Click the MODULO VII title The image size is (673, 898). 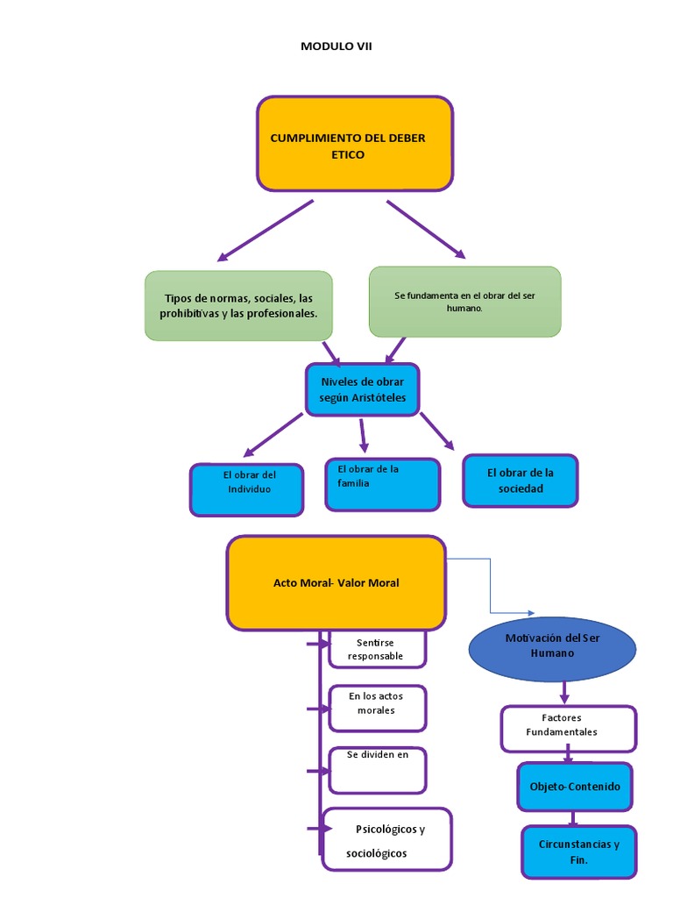(x=336, y=47)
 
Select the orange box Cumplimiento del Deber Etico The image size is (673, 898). (x=354, y=144)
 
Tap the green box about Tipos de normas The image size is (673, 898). (x=238, y=306)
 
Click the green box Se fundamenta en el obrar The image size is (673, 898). (x=464, y=302)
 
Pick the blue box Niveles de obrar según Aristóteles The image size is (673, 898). (x=362, y=389)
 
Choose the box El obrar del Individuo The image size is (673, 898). (x=247, y=489)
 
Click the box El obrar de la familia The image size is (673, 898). (x=382, y=484)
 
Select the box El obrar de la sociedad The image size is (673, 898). (x=521, y=481)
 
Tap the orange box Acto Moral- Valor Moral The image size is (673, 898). (x=336, y=583)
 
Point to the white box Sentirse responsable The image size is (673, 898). (x=377, y=650)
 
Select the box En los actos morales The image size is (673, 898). (x=377, y=707)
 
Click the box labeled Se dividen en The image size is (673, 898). (x=377, y=769)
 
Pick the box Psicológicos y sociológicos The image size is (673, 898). (x=386, y=839)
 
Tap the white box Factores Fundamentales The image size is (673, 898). (x=568, y=728)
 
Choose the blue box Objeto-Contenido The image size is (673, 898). (x=574, y=787)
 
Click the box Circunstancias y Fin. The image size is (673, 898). (x=578, y=852)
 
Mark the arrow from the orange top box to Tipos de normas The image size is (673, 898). (x=266, y=231)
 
